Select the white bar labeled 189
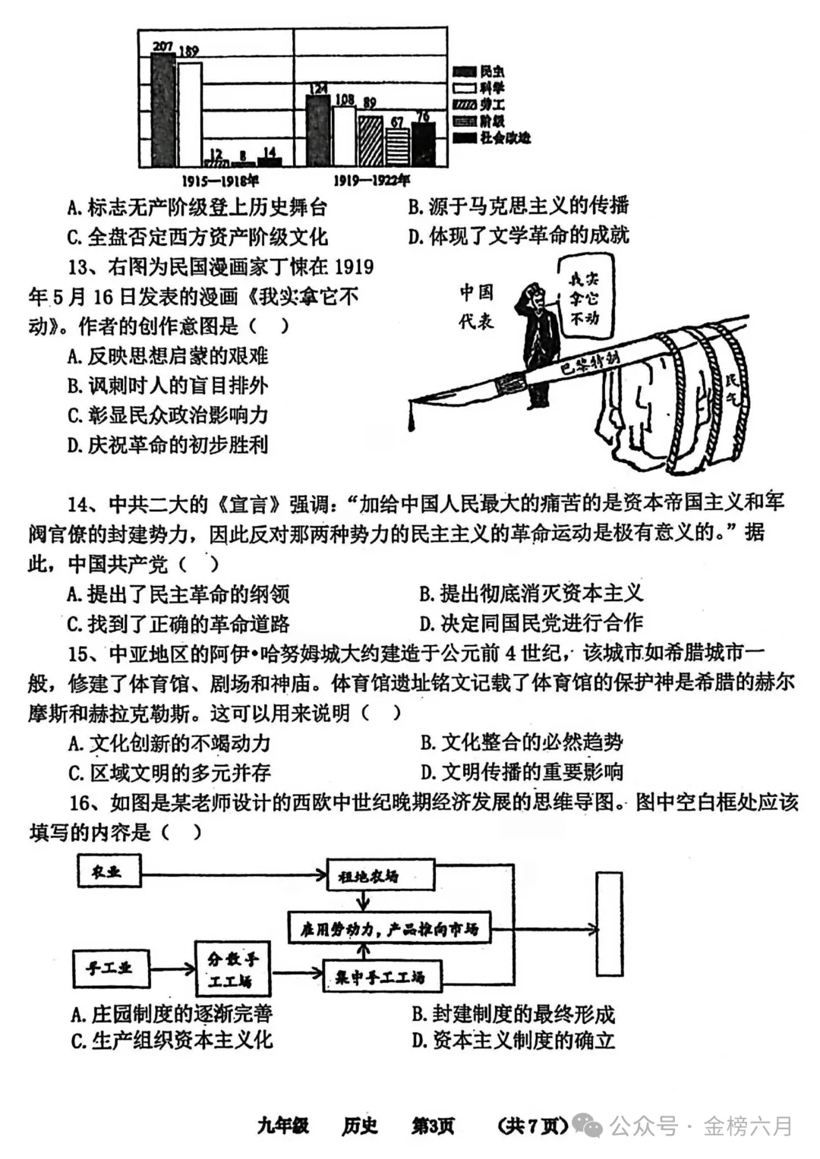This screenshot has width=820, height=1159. coord(190,114)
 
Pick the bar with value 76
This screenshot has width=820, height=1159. coord(423,143)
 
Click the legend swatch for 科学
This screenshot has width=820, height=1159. coord(465,88)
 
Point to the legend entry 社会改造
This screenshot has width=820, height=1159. coord(504,137)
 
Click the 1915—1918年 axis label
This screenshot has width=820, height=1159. coord(220,181)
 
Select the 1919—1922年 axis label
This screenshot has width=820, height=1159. coord(371,181)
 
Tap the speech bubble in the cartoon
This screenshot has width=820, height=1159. coord(585,298)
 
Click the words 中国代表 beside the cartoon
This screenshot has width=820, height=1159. coord(476,307)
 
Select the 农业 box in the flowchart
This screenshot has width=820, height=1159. coord(109,871)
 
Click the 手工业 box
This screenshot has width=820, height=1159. coord(109,968)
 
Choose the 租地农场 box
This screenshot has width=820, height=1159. coord(380,876)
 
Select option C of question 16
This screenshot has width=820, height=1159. coord(172,1040)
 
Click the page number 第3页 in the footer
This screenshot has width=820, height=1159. coord(433,1126)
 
